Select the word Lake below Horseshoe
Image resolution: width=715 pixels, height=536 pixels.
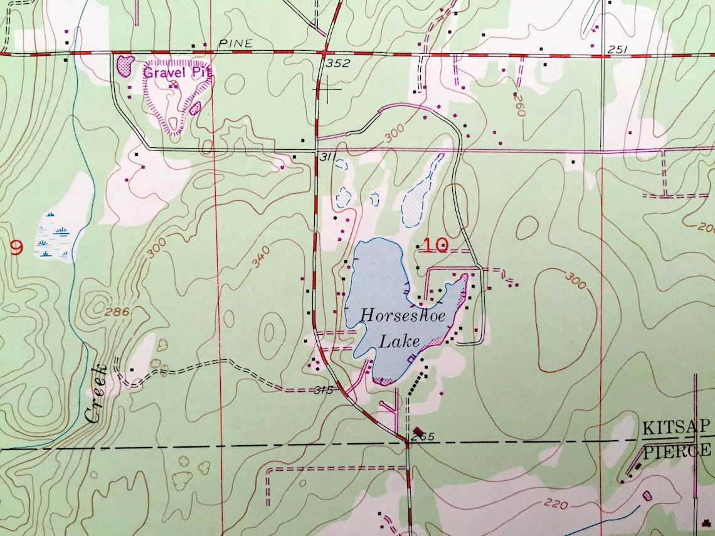pos(401,342)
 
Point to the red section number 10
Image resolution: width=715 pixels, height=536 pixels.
pos(436,245)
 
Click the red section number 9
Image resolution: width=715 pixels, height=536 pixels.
pos(17,249)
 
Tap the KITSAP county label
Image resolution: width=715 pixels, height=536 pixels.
pos(676,428)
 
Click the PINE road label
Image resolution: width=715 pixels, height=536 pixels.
pos(236,43)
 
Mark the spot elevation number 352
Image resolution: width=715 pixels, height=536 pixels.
pos(337,63)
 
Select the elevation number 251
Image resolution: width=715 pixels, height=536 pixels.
pos(618,50)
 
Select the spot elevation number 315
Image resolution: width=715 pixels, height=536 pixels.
pos(322,391)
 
